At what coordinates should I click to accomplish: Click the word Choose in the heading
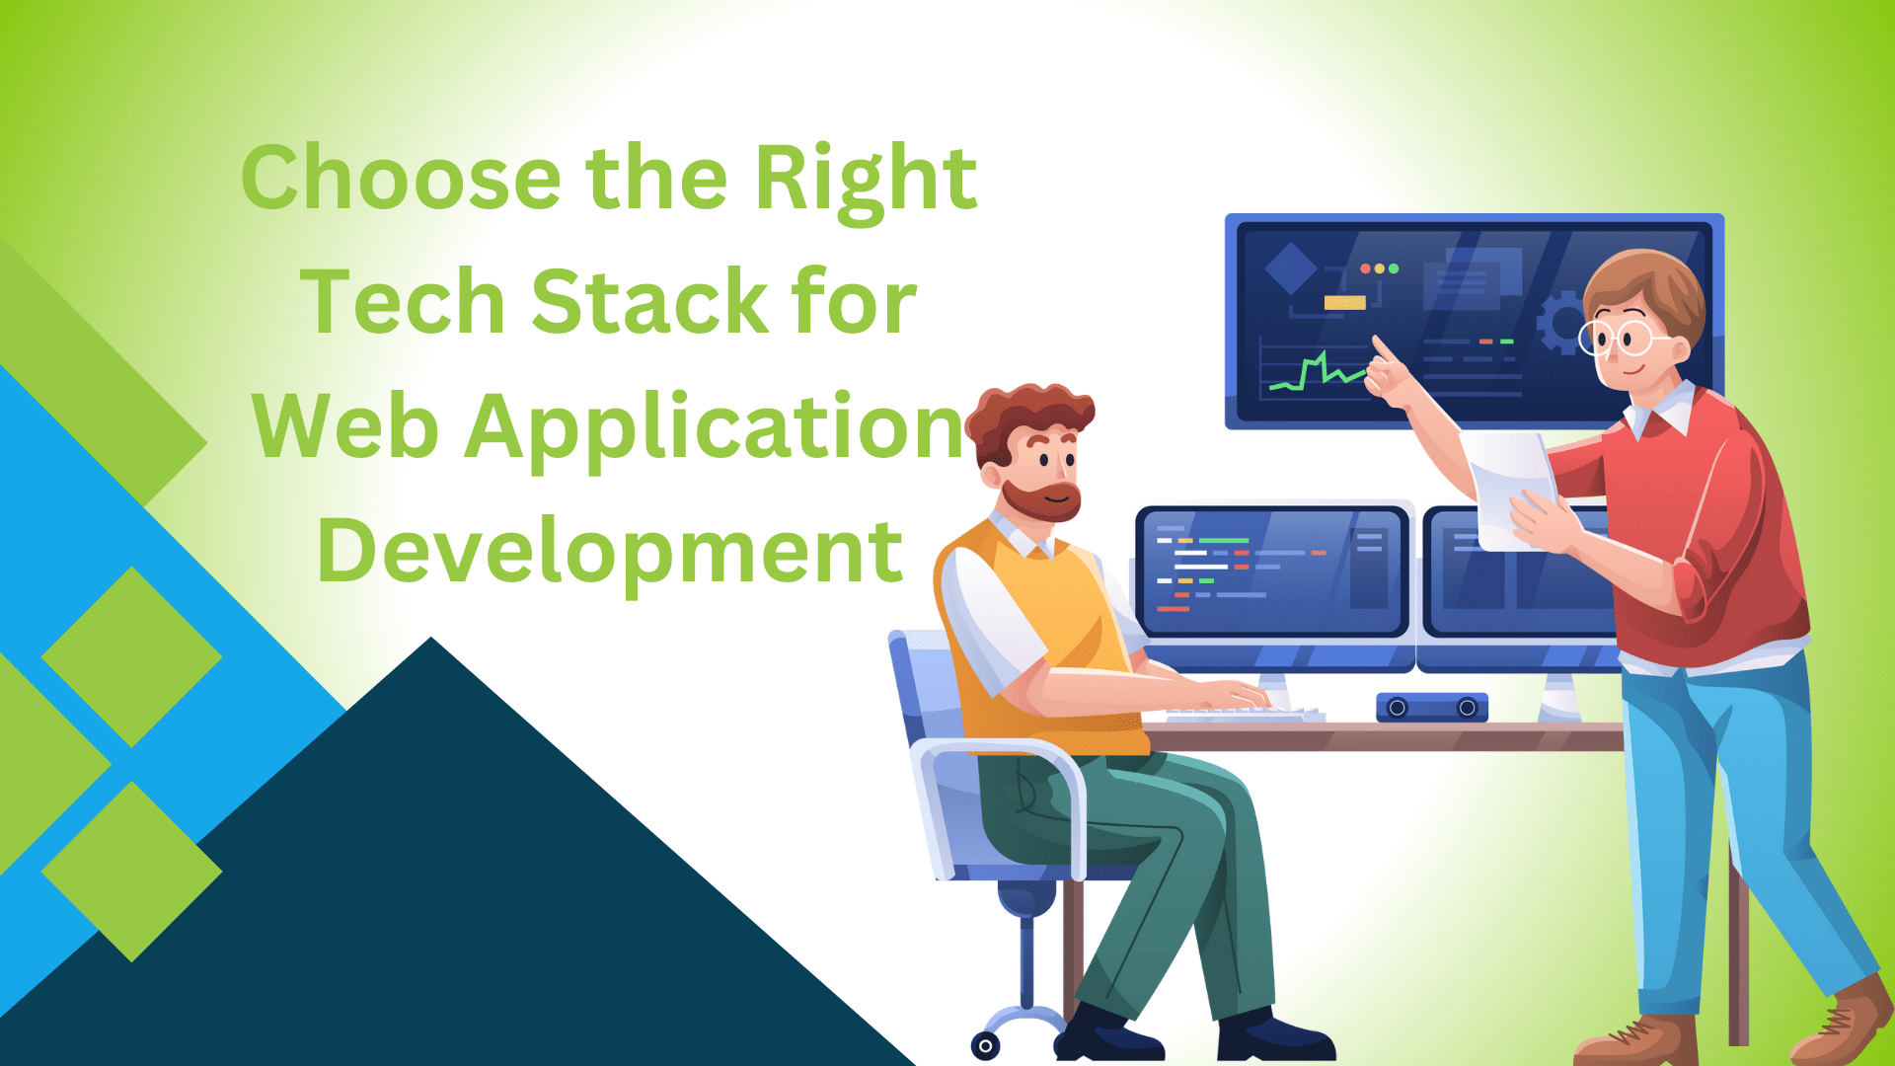click(401, 178)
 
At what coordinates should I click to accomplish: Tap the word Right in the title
click(866, 183)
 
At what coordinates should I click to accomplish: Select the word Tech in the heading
click(403, 301)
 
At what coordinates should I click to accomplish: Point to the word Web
click(345, 425)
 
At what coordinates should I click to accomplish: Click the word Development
click(610, 554)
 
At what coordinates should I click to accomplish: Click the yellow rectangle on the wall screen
click(1344, 303)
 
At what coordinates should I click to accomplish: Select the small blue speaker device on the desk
click(1432, 707)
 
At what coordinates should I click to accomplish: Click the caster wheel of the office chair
click(985, 1045)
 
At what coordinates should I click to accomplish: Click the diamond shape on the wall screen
click(1291, 267)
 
